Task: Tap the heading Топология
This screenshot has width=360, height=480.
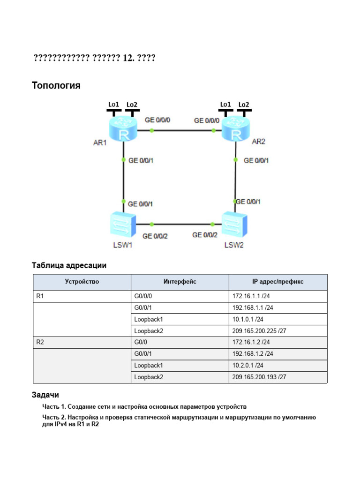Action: pyautogui.click(x=56, y=85)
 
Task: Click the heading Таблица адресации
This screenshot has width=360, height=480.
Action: pyautogui.click(x=69, y=265)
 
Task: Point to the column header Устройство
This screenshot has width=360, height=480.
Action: pyautogui.click(x=82, y=282)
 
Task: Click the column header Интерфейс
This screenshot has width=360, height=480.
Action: pyautogui.click(x=180, y=282)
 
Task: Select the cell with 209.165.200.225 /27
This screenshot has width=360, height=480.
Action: pyautogui.click(x=259, y=331)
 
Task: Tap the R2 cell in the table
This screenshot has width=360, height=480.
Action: pyautogui.click(x=40, y=342)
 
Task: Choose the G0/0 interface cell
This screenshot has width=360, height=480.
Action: pyautogui.click(x=142, y=342)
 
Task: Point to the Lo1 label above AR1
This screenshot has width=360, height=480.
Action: pyautogui.click(x=113, y=104)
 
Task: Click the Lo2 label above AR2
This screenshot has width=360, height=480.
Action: pyautogui.click(x=244, y=104)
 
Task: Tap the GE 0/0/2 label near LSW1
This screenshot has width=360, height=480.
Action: pyautogui.click(x=155, y=236)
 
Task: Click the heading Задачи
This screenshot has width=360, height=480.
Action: pyautogui.click(x=45, y=395)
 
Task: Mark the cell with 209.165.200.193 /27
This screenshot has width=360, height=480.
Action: pyautogui.click(x=259, y=377)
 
